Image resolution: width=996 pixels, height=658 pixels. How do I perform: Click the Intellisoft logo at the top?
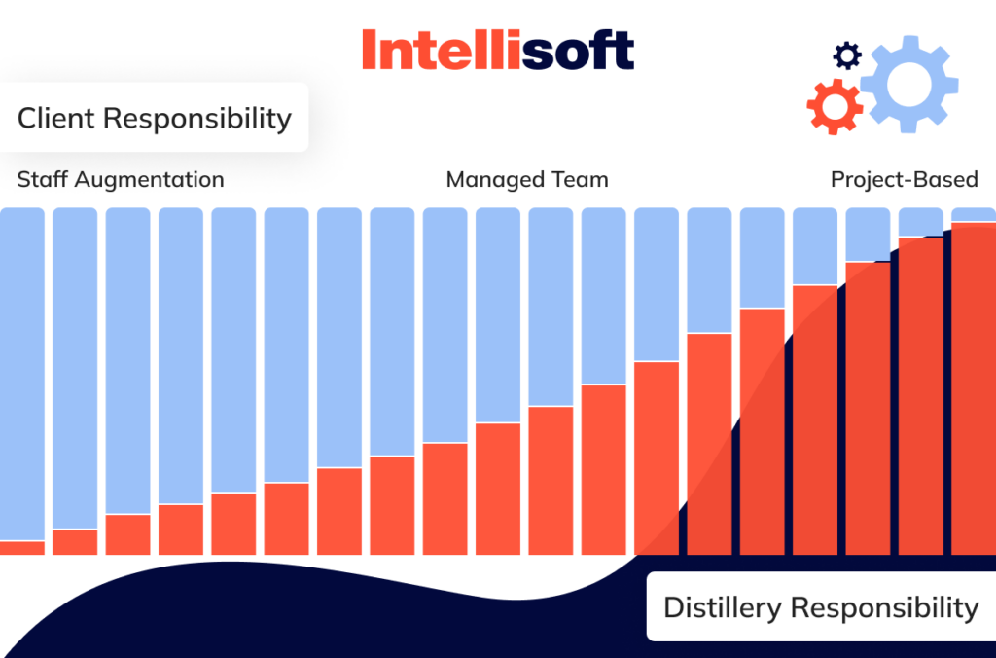tap(497, 50)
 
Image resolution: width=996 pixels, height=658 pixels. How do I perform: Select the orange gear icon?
tap(835, 106)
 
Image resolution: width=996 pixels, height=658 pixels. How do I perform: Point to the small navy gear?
tap(847, 55)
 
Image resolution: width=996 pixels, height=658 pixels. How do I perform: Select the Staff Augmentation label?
tap(121, 180)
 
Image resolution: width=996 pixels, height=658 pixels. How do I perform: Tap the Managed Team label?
tap(526, 180)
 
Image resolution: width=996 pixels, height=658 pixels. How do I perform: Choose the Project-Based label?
tap(904, 180)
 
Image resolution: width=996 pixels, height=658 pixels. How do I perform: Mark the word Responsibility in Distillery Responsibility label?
tap(884, 607)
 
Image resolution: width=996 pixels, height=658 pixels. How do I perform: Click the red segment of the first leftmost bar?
tap(21, 548)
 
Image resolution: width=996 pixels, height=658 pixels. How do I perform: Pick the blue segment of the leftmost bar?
tap(21, 370)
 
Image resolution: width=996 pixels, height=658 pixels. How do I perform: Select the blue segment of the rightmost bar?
tap(973, 215)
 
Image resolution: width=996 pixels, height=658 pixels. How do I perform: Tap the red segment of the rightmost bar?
tap(973, 389)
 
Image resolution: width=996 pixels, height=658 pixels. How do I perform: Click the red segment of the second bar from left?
tap(75, 542)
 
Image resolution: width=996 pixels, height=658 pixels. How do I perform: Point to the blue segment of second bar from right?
tap(920, 223)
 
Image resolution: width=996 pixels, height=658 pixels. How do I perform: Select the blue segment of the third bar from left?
tap(127, 360)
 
